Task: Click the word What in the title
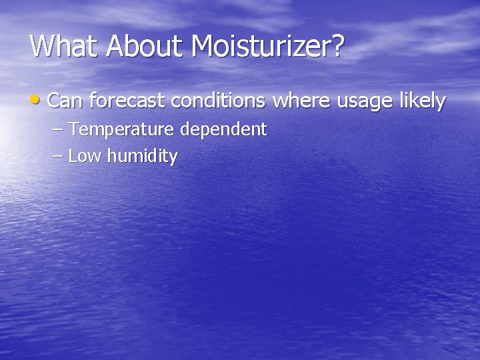coord(63,46)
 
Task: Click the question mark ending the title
coord(338,46)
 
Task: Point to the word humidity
coord(141,157)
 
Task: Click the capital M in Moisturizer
coord(204,46)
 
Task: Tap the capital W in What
coord(43,46)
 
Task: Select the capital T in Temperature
coord(73,128)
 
